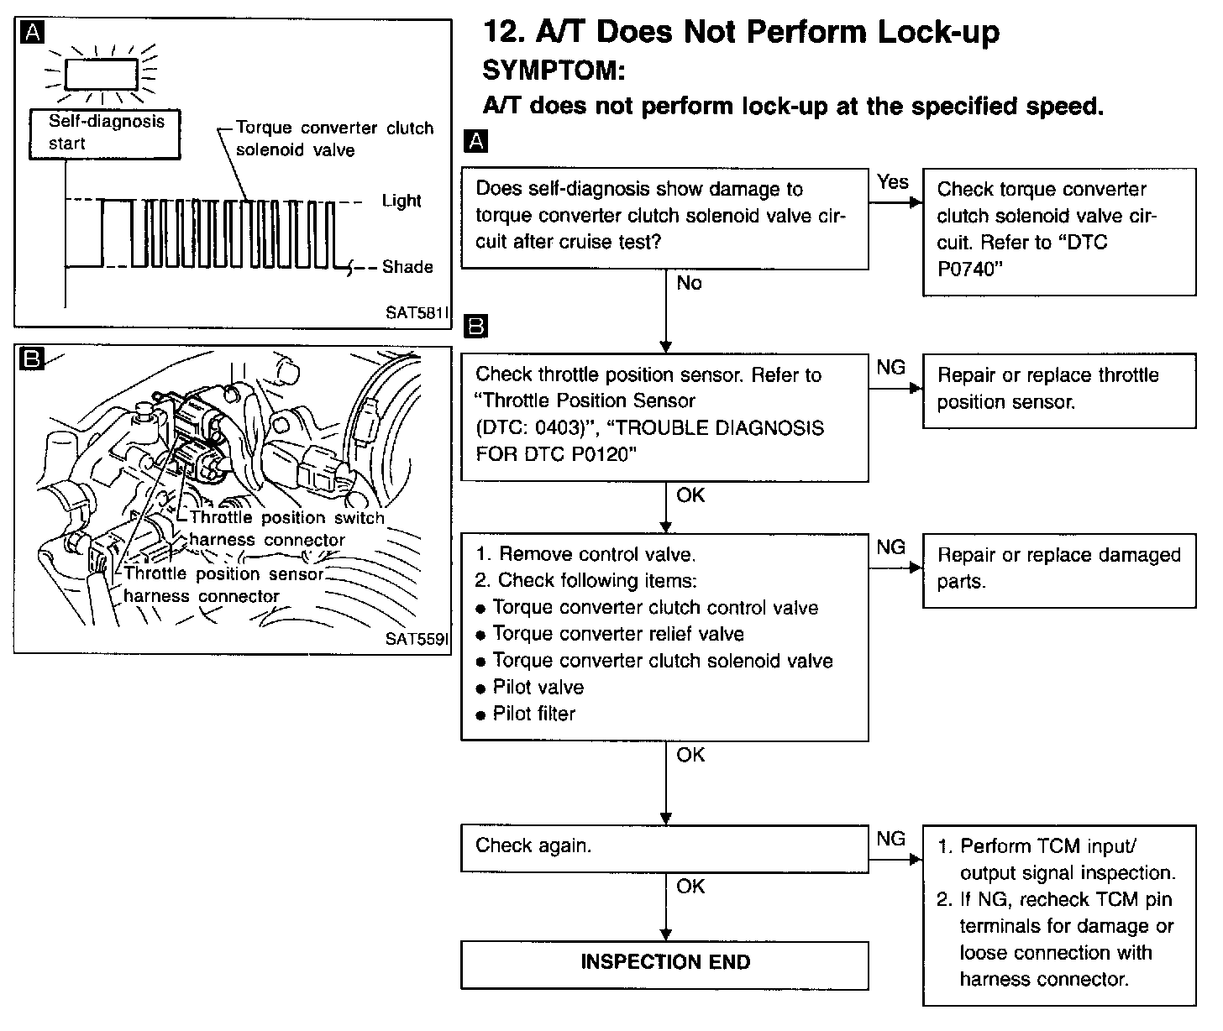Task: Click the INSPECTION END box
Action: tap(664, 964)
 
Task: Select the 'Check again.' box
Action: tap(664, 847)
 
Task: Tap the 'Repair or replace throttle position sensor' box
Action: tap(1058, 390)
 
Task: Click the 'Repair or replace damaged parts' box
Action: tap(1058, 569)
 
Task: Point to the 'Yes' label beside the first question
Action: tap(893, 181)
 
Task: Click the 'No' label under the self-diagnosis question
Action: tap(689, 284)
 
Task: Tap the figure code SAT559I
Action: tap(417, 639)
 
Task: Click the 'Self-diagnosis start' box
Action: tap(105, 133)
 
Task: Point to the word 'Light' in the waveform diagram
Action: tap(402, 201)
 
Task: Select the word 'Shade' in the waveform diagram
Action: tap(407, 268)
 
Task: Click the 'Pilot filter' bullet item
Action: tap(533, 714)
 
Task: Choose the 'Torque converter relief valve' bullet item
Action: tap(617, 635)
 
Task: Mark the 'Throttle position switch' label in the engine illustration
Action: tap(286, 518)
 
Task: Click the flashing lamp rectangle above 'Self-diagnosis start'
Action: tap(102, 74)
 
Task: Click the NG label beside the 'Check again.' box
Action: tap(891, 840)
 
